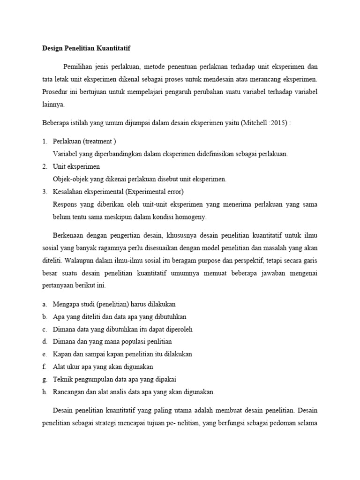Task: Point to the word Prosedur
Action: pos(55,91)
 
